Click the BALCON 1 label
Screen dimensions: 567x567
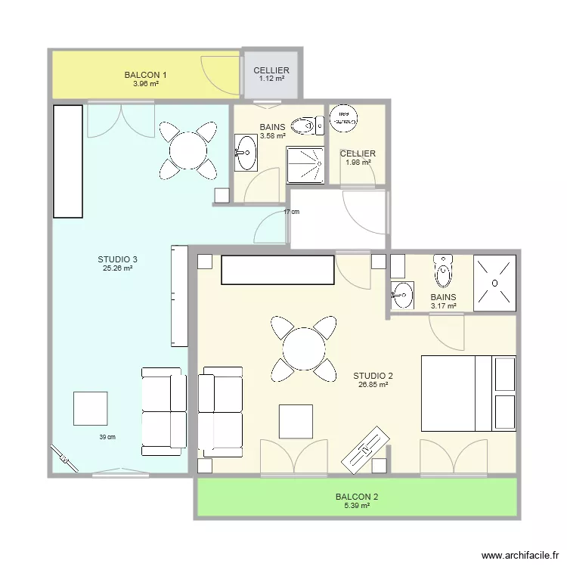coord(145,75)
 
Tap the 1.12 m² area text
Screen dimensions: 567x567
coord(271,79)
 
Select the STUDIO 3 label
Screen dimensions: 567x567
coord(117,259)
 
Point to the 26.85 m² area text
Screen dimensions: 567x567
coord(373,384)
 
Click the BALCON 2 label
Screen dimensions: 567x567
coord(357,497)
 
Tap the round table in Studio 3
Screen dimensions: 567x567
coord(188,149)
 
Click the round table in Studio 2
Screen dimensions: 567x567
coord(304,349)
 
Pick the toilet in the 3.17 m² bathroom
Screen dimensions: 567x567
coord(444,270)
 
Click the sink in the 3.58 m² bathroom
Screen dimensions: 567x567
coord(246,153)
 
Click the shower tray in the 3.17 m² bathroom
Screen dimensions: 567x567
coord(494,283)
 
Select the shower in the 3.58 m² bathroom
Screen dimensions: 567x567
coord(305,165)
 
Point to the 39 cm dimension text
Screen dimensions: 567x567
coord(107,437)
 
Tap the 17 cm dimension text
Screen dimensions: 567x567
coord(291,212)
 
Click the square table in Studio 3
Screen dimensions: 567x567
coord(90,408)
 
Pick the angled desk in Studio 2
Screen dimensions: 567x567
coord(365,449)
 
